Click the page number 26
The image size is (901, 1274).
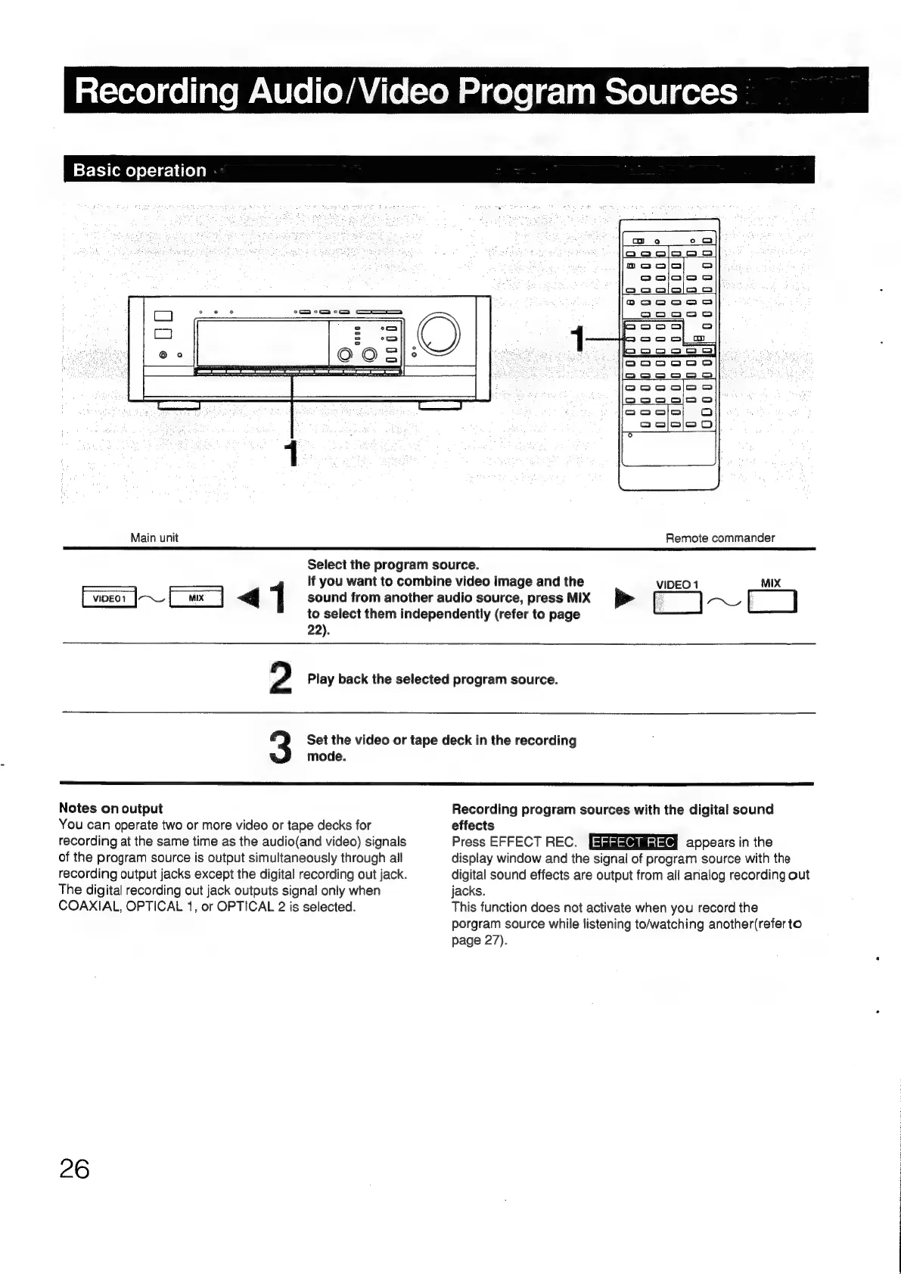tap(74, 1168)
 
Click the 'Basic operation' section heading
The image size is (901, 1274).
tap(140, 170)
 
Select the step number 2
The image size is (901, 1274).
tap(281, 677)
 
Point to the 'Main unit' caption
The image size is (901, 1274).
tap(154, 537)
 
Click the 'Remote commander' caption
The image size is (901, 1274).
tap(719, 537)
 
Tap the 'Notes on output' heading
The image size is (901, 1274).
tap(110, 808)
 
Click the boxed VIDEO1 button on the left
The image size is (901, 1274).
tap(108, 599)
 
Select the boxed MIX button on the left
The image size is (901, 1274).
tap(197, 599)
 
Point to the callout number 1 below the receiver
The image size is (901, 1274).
tap(290, 453)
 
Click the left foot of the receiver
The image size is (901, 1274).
tap(179, 406)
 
